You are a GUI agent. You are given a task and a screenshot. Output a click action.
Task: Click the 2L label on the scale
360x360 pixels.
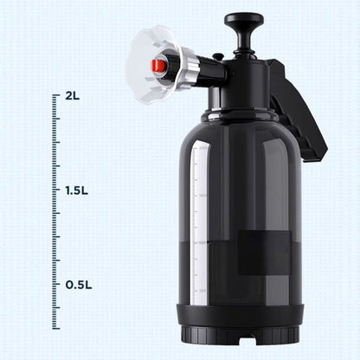click(x=72, y=96)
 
